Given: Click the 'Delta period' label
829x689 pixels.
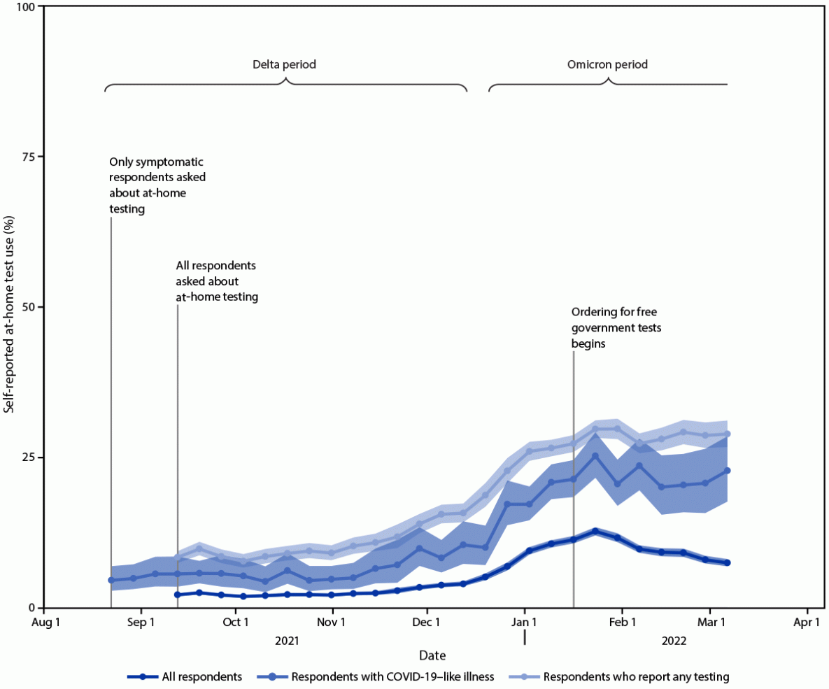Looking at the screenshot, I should coord(284,64).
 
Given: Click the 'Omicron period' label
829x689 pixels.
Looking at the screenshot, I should coord(607,64).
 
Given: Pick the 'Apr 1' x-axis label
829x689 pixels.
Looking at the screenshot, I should coord(807,621).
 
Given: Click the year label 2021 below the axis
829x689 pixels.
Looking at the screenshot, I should coord(287,640).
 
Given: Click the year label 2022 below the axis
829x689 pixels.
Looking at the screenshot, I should coord(674,640).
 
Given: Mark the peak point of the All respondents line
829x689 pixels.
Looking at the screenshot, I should coord(595,532).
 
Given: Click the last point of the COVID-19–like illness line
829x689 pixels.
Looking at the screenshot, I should coord(728,471).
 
